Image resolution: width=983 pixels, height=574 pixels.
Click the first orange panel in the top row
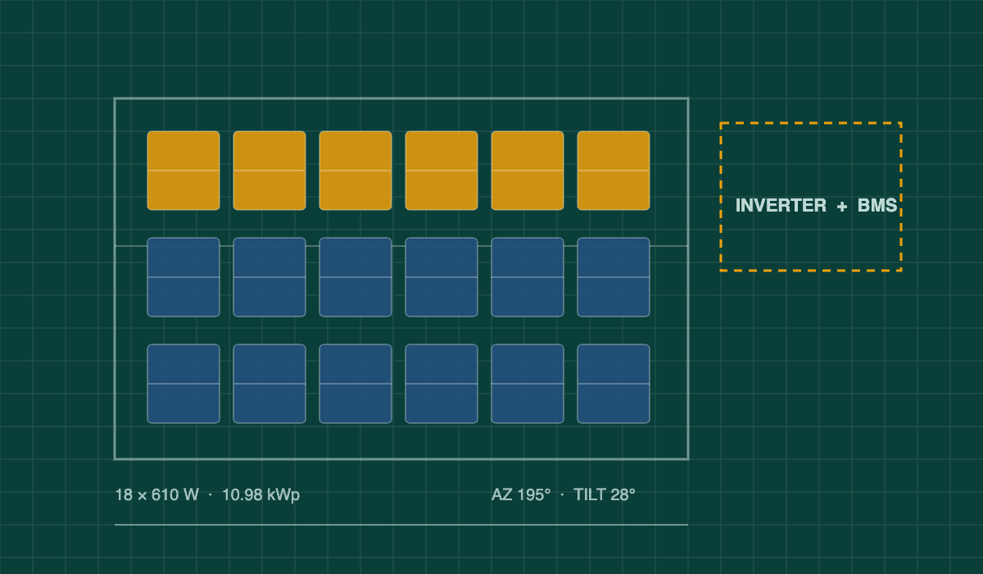tap(183, 171)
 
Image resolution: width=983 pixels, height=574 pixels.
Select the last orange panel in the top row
tap(614, 171)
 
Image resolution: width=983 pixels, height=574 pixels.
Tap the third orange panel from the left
tap(356, 171)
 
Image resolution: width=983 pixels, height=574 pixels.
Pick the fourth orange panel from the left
tap(442, 171)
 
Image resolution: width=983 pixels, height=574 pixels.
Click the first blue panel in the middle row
tap(183, 277)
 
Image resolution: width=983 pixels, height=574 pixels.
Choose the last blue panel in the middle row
tap(614, 277)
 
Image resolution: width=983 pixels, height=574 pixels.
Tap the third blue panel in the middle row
tap(356, 277)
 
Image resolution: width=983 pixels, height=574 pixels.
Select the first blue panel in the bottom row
tap(183, 384)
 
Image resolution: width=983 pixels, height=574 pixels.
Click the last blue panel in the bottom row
tap(614, 384)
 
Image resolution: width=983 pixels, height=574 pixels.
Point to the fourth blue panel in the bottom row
tap(442, 384)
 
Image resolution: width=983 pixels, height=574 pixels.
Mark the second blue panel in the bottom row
tap(270, 384)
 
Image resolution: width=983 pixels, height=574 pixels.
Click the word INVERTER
tap(781, 206)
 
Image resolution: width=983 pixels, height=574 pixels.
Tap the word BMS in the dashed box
tap(877, 206)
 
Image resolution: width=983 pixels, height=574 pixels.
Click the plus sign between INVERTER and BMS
tap(842, 207)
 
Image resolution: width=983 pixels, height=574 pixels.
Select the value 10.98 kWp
tap(261, 495)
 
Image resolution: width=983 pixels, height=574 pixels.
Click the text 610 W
tap(175, 495)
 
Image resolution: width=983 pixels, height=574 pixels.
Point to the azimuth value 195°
tap(533, 495)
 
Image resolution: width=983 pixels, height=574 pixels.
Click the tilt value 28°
tap(623, 495)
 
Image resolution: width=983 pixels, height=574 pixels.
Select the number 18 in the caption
tap(124, 495)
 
